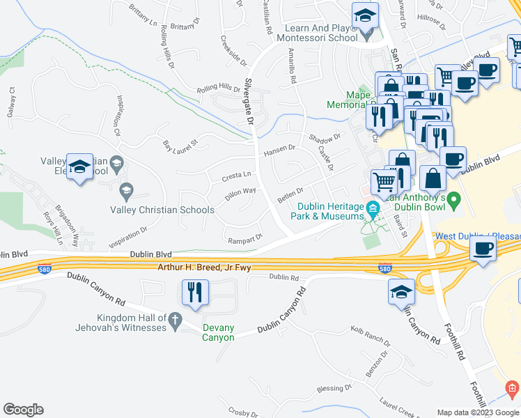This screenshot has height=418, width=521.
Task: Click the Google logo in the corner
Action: [x=24, y=409]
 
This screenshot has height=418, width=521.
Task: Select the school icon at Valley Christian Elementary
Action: [x=79, y=167]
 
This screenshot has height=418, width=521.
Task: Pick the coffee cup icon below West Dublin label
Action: [x=483, y=248]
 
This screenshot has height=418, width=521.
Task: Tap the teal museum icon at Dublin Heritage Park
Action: [x=373, y=208]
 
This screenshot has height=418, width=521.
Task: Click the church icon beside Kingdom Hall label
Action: [x=176, y=321]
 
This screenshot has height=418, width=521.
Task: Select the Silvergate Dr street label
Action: [x=249, y=102]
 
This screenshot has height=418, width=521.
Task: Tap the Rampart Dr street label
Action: [x=245, y=238]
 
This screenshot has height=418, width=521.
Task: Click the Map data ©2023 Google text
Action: [x=478, y=412]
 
